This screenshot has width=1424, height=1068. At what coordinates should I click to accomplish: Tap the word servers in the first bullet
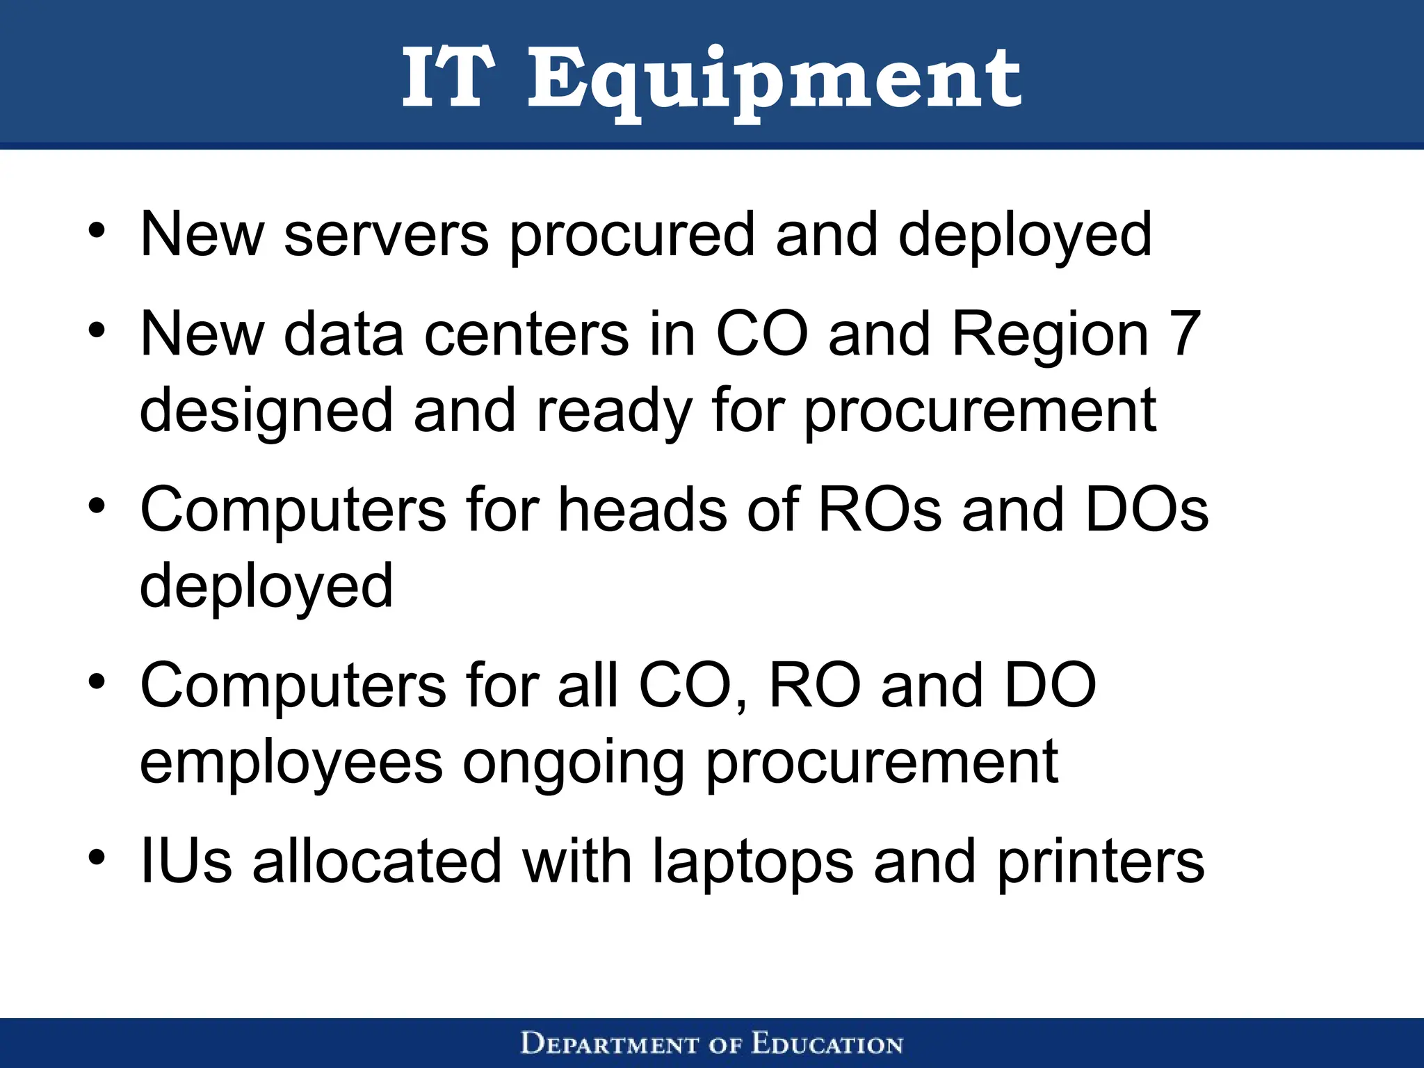386,235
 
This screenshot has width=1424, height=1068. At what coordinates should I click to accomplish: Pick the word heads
643,510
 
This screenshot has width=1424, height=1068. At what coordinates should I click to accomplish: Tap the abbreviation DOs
1147,510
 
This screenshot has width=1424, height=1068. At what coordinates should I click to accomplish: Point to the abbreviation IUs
186,861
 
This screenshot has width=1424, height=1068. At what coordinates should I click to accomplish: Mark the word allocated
376,861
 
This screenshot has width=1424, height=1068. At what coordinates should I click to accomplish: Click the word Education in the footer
827,1044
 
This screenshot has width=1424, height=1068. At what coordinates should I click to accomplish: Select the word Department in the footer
609,1044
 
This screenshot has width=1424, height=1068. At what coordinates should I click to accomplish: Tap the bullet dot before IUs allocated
97,857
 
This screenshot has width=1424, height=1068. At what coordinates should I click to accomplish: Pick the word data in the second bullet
343,334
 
